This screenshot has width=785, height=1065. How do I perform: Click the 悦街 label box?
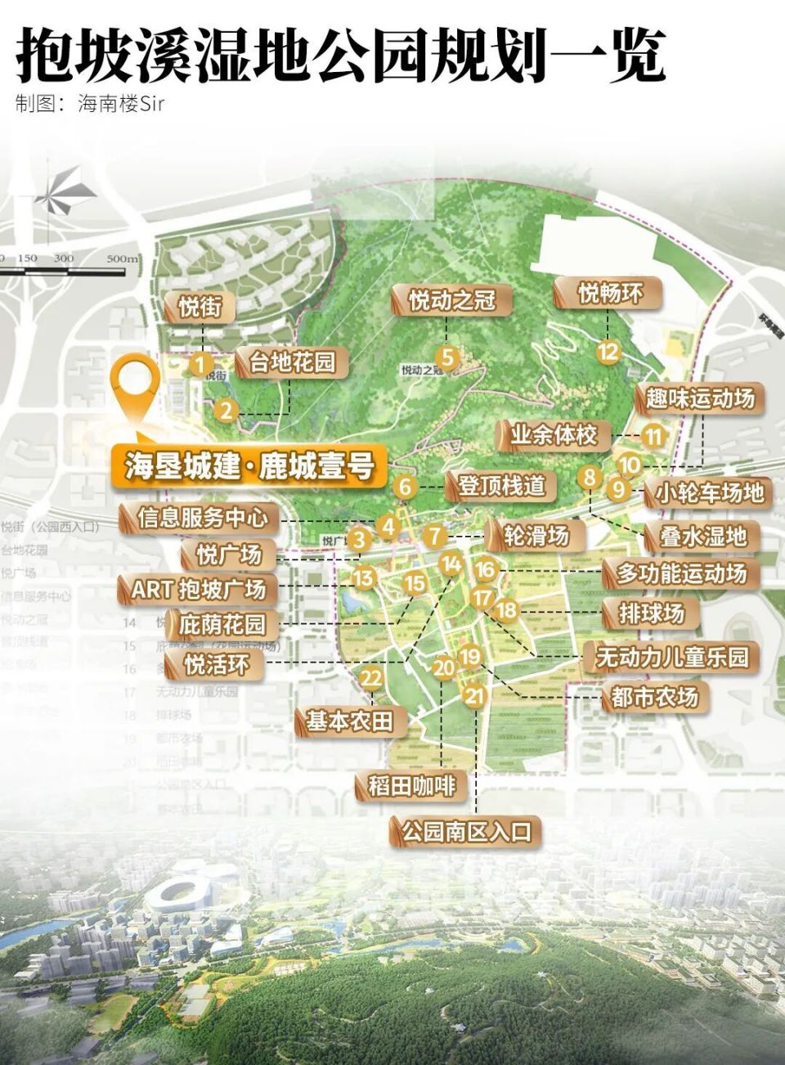pos(200,308)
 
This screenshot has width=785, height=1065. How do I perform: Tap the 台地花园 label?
pos(292,362)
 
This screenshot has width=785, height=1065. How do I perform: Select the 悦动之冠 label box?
pos(451,300)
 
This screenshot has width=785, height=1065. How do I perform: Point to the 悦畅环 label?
pos(610,293)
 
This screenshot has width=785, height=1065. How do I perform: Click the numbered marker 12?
pos(608,353)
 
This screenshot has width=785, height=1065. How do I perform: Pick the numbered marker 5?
pos(446,357)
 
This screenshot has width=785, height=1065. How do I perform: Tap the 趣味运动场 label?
pos(700,399)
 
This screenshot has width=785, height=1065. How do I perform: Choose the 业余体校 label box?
pos(554,434)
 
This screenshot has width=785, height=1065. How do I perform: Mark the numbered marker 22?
pos(371,678)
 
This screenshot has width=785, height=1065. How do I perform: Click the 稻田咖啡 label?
pos(411,786)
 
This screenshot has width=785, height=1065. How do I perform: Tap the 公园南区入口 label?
pos(466,832)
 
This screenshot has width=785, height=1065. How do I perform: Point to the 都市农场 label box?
pos(654,697)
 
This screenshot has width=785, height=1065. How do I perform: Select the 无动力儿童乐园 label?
pos(671,657)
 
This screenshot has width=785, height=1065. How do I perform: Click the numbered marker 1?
pos(200,365)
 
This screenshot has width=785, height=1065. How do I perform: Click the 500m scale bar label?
pos(122,258)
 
